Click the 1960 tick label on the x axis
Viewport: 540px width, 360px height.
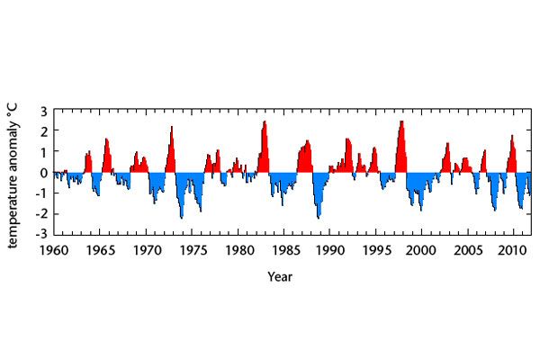click(54, 248)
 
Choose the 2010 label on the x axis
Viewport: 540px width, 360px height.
click(514, 248)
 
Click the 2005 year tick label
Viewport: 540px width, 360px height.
click(468, 248)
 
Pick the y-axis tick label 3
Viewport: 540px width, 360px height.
click(43, 110)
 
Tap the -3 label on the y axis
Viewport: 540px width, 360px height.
click(41, 234)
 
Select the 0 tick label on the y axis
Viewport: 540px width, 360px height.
click(43, 172)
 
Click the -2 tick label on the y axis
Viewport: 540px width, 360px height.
click(41, 213)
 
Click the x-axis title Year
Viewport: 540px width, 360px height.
click(280, 276)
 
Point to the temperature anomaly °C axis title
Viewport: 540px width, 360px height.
click(16, 172)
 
